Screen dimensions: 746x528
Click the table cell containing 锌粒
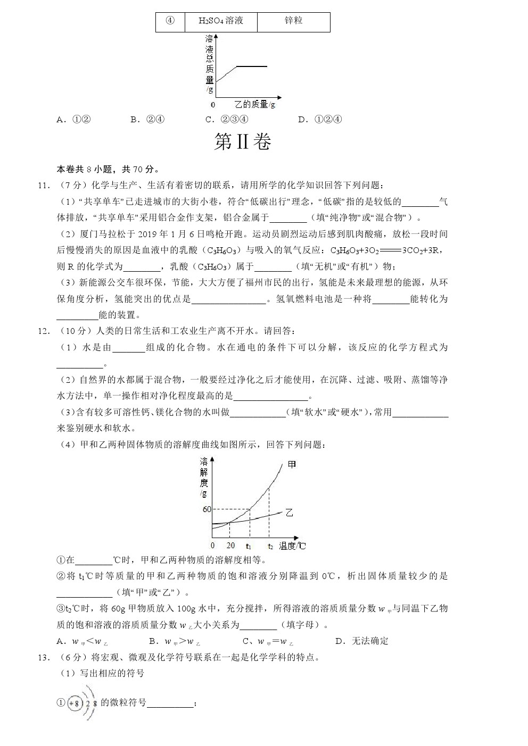click(x=293, y=21)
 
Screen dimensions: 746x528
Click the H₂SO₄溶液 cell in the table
click(x=220, y=21)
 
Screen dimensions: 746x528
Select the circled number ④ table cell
click(x=170, y=21)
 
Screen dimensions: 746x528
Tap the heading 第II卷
click(x=243, y=142)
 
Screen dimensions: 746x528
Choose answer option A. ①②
click(x=74, y=119)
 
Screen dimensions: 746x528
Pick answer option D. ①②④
click(x=320, y=119)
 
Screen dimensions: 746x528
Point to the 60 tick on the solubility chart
click(x=207, y=509)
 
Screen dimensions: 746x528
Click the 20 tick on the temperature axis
click(x=230, y=546)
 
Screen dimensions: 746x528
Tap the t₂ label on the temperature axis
click(x=270, y=546)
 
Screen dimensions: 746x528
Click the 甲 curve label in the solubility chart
click(x=292, y=464)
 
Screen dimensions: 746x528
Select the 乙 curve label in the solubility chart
click(x=290, y=513)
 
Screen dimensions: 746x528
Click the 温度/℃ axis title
click(x=293, y=546)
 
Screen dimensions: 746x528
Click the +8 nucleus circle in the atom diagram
click(x=75, y=703)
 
